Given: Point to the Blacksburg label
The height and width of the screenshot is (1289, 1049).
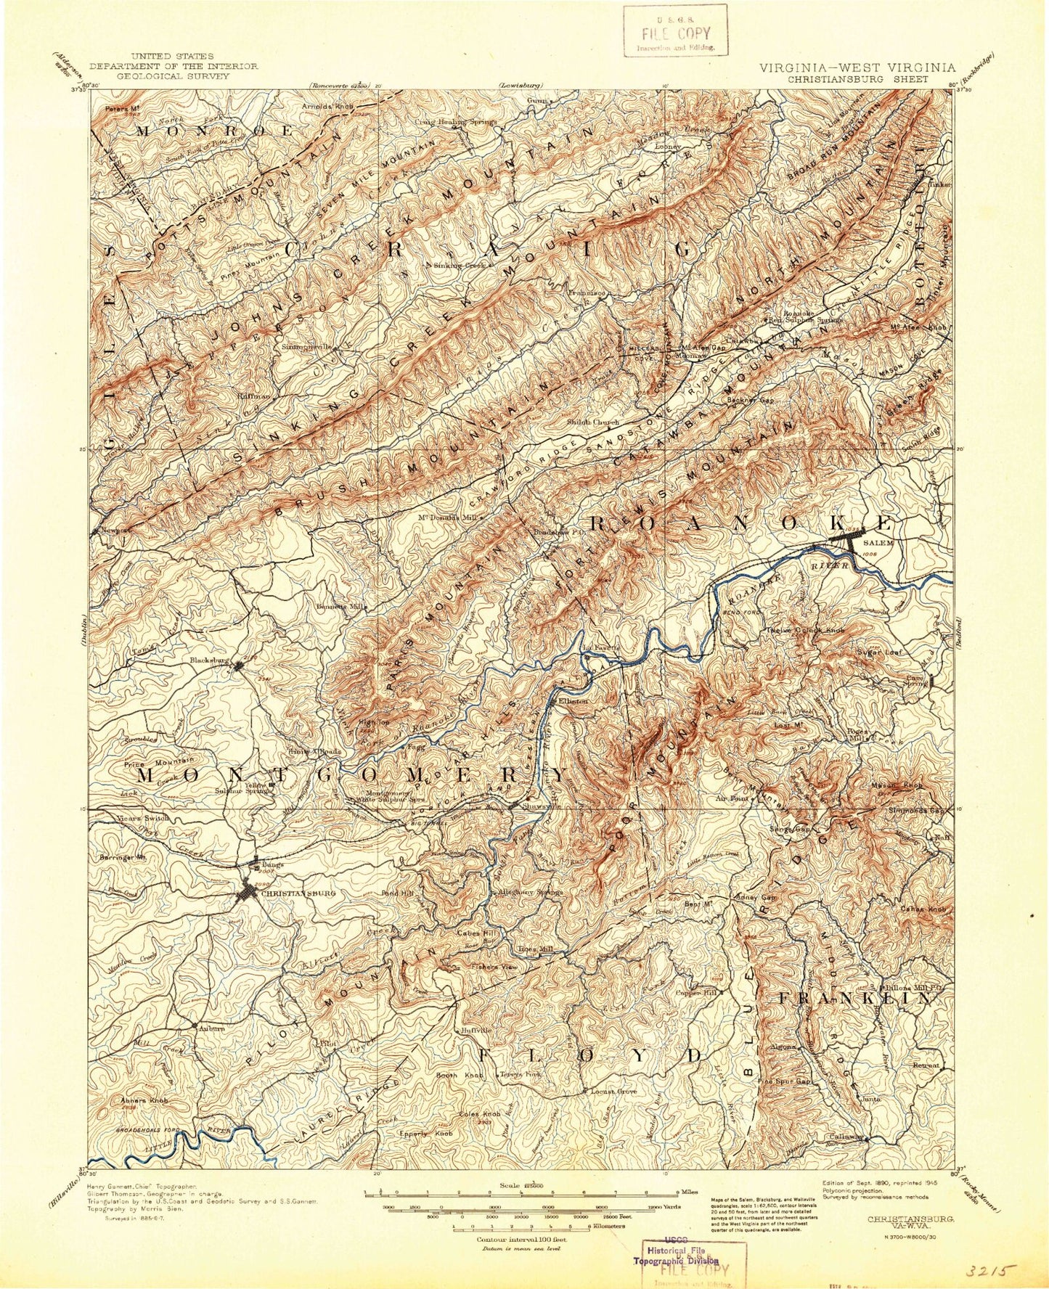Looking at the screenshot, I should coord(209,660).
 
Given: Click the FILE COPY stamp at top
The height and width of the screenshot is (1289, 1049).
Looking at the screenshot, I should coord(674,33).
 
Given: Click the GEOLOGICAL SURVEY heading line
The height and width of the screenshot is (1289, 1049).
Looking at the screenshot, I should coord(173,75).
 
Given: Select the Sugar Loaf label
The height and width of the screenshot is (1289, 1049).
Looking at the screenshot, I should coord(880,652).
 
